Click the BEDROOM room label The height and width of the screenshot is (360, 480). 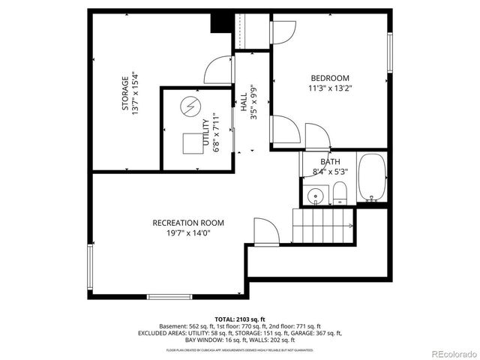point(330,78)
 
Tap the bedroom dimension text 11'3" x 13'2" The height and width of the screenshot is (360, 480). point(330,88)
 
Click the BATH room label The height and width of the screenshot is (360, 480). point(330,161)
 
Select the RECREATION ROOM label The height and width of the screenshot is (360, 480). point(187,223)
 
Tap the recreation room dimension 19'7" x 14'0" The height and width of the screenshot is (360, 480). point(187,233)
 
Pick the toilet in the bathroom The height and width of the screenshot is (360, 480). point(339,193)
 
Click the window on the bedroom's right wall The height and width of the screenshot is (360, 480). point(389,55)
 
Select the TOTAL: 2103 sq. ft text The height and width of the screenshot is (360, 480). point(240,318)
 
